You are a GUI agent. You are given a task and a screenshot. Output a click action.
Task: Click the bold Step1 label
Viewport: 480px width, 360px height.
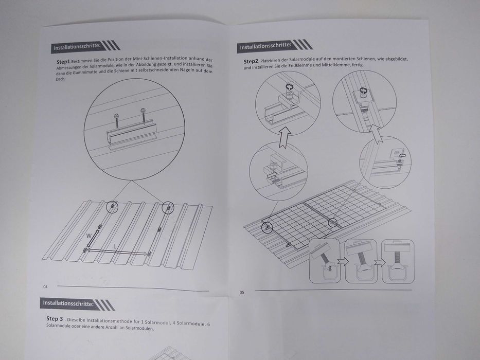(63, 61)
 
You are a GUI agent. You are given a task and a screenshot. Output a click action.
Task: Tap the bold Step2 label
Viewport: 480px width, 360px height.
(251, 61)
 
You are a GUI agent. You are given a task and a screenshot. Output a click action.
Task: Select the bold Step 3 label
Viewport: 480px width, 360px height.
(55, 319)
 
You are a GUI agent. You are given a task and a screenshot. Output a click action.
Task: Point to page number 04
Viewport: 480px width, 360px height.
(45, 286)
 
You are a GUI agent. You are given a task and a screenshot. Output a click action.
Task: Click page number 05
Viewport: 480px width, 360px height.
(242, 293)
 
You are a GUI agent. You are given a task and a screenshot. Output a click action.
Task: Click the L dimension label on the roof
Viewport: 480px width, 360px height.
(114, 246)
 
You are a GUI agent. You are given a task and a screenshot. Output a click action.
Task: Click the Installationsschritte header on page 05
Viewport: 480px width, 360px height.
(265, 46)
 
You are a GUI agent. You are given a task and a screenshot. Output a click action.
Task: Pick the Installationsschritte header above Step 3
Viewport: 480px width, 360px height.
(68, 303)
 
